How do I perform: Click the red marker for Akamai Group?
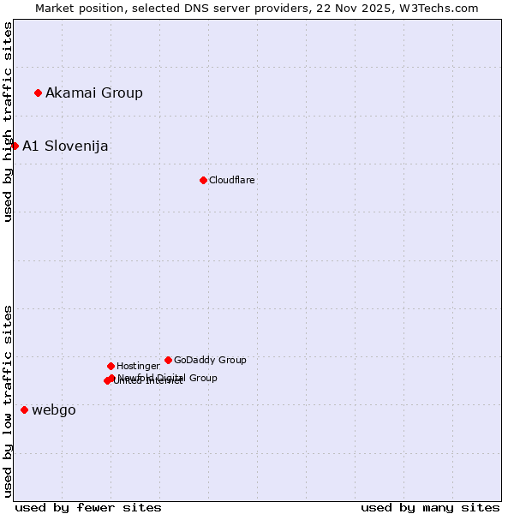[x=39, y=93]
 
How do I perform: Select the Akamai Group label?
[x=94, y=93]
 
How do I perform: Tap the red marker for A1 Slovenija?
[x=15, y=146]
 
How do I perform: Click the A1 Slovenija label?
[x=65, y=146]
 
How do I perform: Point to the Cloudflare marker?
[x=203, y=180]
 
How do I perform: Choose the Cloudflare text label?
[x=232, y=180]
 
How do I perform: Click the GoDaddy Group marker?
[x=168, y=360]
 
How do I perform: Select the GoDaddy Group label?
[x=210, y=360]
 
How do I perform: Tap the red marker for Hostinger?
[x=111, y=366]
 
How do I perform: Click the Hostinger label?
[x=138, y=366]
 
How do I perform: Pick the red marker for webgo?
[x=24, y=409]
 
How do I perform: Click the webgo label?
[x=54, y=409]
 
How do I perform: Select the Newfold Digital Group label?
[x=168, y=377]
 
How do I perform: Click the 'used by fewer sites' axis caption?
[x=88, y=507]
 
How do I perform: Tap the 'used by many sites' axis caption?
[x=430, y=507]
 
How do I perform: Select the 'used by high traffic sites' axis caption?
[x=8, y=122]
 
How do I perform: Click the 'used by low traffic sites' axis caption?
[x=8, y=400]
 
